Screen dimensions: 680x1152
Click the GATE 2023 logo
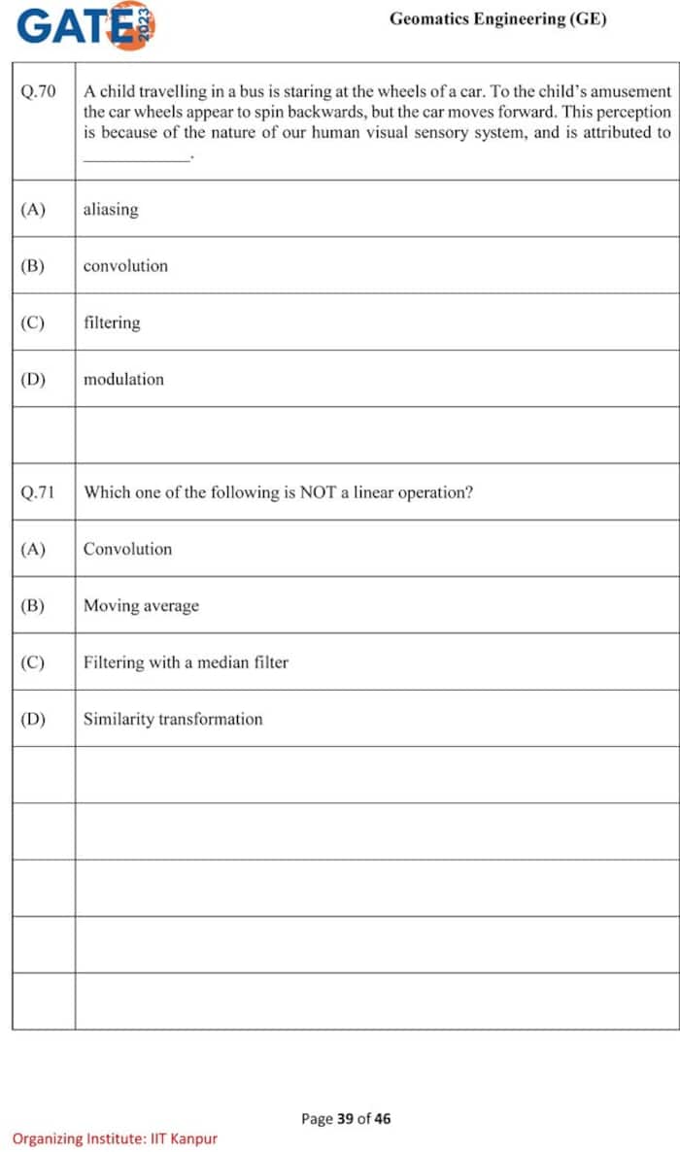click(85, 26)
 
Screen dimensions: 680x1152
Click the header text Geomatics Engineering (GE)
click(497, 19)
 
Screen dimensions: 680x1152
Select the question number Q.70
click(38, 91)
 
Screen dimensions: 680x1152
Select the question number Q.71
click(38, 492)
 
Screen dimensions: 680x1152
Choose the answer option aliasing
click(111, 209)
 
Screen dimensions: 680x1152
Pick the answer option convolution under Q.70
click(125, 265)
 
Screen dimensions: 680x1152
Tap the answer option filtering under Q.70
click(112, 322)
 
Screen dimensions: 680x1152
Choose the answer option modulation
click(123, 379)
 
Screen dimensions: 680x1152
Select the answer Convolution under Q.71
click(127, 549)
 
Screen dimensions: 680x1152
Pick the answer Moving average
click(141, 605)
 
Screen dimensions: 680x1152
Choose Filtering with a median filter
click(186, 662)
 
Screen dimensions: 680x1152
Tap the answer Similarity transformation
click(173, 719)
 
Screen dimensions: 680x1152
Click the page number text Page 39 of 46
click(346, 1119)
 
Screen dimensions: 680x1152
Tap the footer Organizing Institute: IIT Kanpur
click(115, 1138)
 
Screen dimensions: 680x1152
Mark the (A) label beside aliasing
click(32, 209)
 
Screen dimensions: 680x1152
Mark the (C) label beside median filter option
click(32, 662)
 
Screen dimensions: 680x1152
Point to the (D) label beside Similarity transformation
click(32, 719)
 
